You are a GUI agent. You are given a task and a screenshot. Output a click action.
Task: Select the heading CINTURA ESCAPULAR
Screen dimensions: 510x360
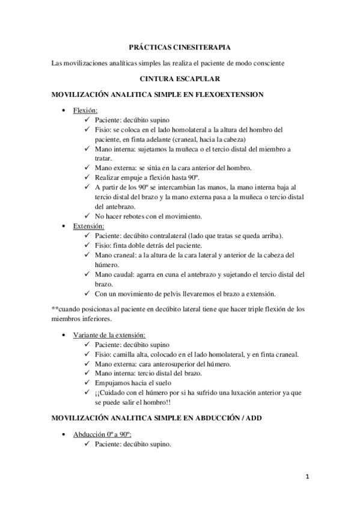tap(179, 78)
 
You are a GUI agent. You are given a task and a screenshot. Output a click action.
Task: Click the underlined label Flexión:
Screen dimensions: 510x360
tap(85, 111)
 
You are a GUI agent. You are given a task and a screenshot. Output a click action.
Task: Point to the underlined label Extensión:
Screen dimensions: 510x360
tap(89, 226)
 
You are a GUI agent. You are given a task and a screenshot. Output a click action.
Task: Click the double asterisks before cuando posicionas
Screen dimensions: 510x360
tap(55, 309)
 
